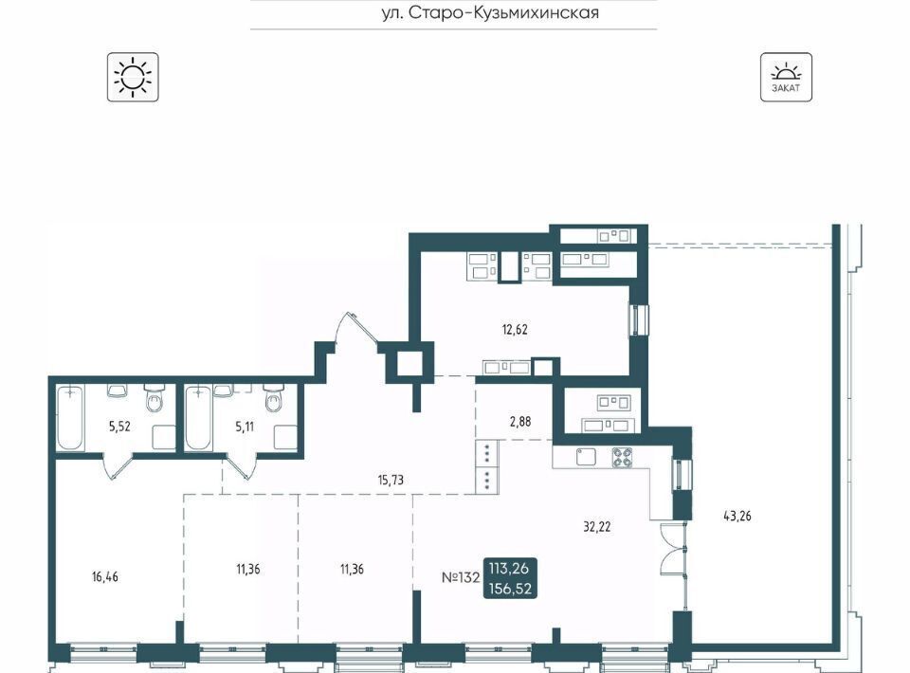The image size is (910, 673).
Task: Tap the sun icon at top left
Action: point(133,77)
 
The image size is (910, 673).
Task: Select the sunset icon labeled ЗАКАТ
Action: point(786,77)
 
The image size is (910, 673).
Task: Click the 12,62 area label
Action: point(515,330)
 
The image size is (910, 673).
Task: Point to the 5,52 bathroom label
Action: point(119,427)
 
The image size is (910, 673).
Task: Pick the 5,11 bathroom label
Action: point(245,427)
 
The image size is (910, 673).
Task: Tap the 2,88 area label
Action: point(520,421)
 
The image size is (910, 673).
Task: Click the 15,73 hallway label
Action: point(390,480)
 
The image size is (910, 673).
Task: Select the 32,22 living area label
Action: point(596,527)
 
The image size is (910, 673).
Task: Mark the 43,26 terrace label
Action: point(737,516)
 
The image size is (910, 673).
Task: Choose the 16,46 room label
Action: point(105,576)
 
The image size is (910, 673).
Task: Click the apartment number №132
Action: point(461,577)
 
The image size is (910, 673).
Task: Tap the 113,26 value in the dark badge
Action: point(510,568)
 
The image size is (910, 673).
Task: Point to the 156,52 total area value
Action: point(510,589)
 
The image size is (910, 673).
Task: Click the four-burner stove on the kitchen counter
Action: point(622,457)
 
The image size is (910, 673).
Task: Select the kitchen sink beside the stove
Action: point(586,457)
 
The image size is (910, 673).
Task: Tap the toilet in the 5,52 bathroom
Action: point(154,398)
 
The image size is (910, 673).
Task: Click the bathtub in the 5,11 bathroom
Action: point(198,418)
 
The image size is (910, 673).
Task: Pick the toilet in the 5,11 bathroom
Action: point(273,398)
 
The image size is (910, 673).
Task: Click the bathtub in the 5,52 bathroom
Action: point(70,418)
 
